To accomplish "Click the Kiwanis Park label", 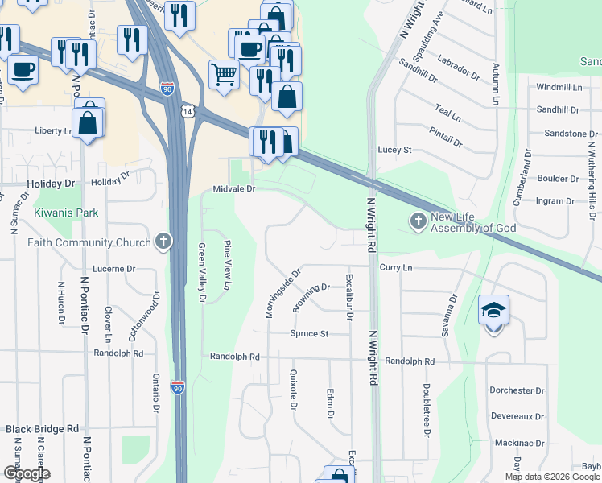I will (66, 213).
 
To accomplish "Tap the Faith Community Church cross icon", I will (163, 242).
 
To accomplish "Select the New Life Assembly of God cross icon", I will (418, 220).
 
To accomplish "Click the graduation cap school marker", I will (494, 310).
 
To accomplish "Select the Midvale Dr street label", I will (234, 189).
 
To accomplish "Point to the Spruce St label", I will (310, 333).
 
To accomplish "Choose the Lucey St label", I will (395, 150).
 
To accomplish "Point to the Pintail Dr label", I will (446, 137).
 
